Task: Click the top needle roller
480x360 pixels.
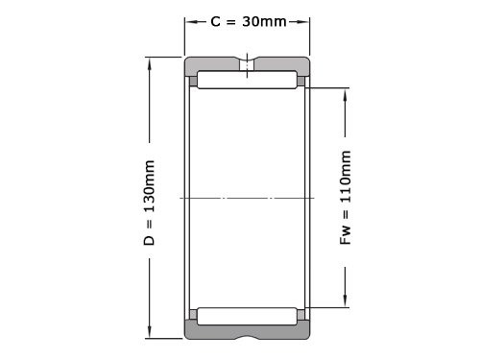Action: tap(248, 81)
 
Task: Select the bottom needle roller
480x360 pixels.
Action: tap(248, 315)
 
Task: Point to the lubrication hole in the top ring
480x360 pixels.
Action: tap(248, 66)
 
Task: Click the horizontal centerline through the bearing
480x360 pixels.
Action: tap(248, 198)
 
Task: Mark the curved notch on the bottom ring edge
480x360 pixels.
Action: tap(248, 337)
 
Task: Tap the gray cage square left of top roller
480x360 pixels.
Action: tap(193, 82)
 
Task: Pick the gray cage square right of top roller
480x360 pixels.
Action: tap(301, 82)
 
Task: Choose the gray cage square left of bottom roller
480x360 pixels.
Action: tap(193, 315)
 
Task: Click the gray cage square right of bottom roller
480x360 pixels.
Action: tap(301, 315)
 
